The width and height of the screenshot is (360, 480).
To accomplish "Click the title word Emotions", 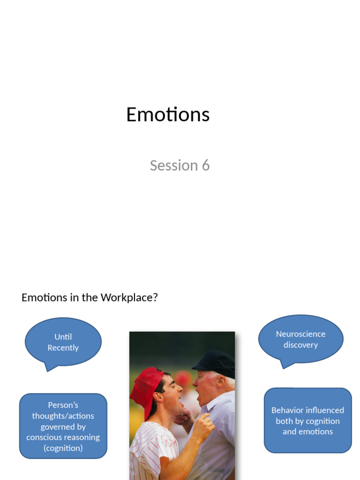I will coord(167,115).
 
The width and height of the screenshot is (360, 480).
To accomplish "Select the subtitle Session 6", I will coord(180,165).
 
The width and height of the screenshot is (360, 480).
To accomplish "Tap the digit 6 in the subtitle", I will coord(205,165).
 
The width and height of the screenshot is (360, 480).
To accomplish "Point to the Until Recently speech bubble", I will coord(63,342).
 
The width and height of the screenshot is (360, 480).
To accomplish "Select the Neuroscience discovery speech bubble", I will coord(300,339).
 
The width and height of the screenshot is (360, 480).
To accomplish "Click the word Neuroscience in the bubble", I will coord(300,334).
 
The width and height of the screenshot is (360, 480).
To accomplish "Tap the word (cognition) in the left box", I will coord(63,448).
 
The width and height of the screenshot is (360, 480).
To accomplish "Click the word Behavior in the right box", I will coord(288,410).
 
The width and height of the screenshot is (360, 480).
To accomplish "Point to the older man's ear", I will coord(221,381).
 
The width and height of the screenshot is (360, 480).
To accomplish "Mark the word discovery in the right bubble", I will coord(300,345).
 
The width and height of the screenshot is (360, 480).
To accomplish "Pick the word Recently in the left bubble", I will coord(63,348).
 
